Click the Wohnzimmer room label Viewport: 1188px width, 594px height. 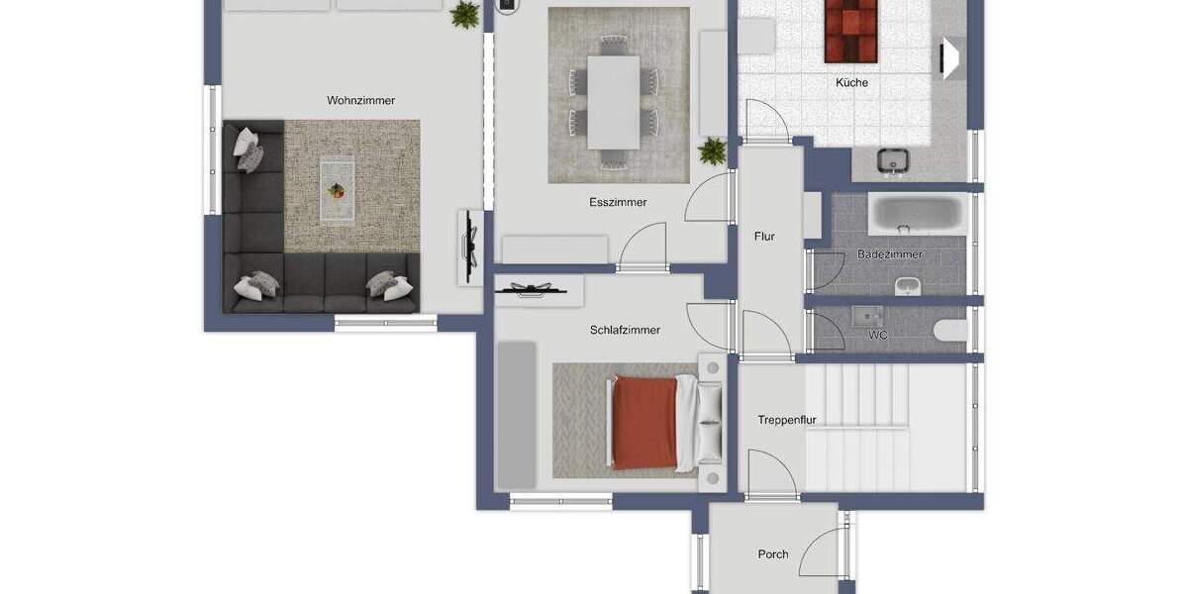pos(360,100)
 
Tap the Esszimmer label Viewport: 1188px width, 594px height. pos(618,202)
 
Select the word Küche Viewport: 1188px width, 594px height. pos(851,83)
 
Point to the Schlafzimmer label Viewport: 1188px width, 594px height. pos(625,330)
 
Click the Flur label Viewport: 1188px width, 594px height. pos(764,237)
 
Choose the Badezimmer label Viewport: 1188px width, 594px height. pos(889,254)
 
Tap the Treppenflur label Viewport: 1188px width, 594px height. pos(786,420)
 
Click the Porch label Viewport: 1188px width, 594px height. pos(773,554)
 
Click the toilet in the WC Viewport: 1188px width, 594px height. pos(950,330)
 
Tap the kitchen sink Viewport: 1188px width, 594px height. pos(893,160)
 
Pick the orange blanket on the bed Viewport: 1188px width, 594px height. pos(644,423)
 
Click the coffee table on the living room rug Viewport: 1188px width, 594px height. pos(337,191)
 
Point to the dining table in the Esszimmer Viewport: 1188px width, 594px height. pos(614,102)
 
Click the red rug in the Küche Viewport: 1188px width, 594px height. pos(850,32)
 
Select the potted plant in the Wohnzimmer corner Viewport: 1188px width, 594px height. pos(465,14)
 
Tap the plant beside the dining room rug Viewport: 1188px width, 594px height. pos(712,151)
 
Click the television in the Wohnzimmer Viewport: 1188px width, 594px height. pos(470,247)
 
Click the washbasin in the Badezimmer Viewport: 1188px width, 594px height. pos(908,286)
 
